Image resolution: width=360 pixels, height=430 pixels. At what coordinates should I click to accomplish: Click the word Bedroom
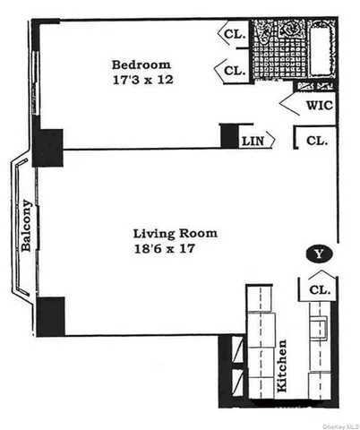(140, 64)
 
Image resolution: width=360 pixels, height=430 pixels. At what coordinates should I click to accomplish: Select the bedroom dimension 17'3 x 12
(140, 80)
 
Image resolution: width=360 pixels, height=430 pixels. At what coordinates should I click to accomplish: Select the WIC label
(319, 105)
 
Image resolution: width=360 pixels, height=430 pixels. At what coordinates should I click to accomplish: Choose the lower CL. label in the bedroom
(235, 70)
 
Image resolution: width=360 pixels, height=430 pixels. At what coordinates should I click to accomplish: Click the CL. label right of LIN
(315, 141)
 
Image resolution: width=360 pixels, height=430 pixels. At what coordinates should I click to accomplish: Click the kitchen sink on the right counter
(319, 326)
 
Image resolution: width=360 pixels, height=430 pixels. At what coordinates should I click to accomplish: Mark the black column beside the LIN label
(229, 135)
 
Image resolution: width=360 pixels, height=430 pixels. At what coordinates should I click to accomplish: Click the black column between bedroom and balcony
(47, 148)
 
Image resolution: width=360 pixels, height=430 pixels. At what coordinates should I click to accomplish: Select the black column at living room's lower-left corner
(50, 316)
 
